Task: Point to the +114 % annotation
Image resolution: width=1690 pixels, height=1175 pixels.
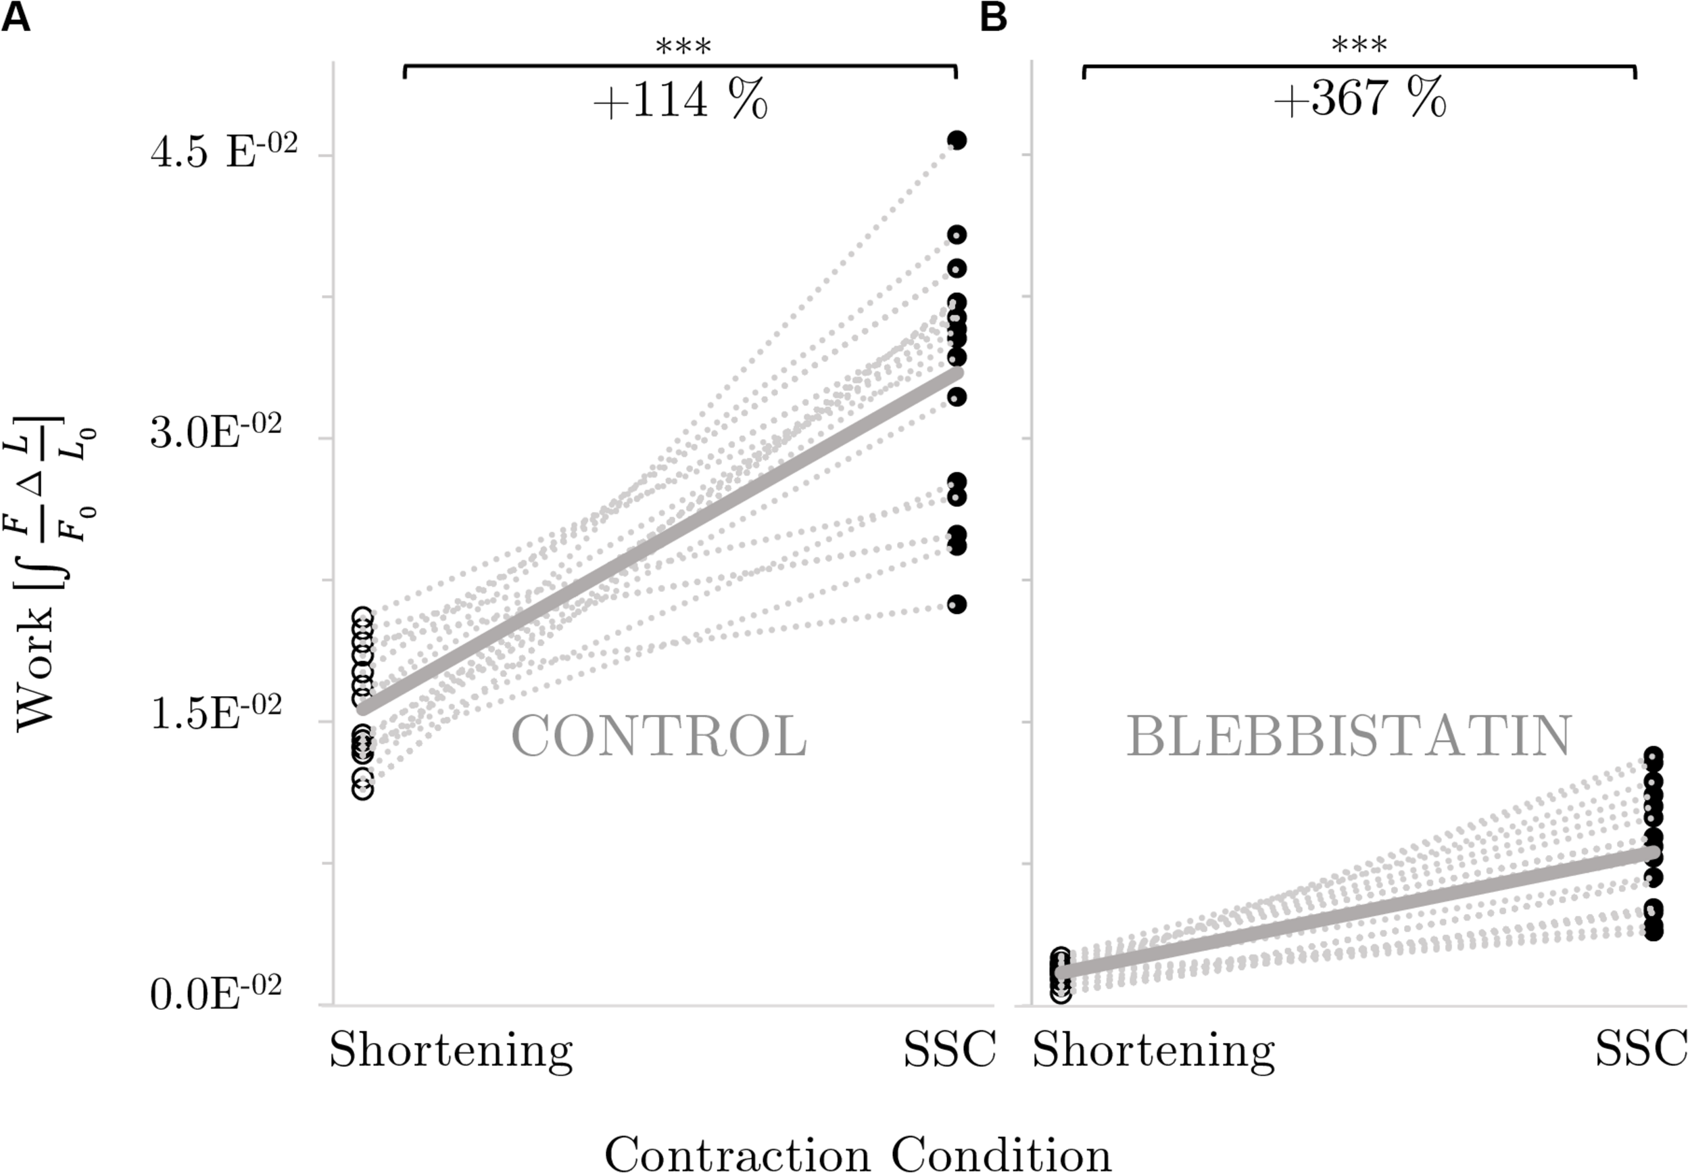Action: click(x=680, y=101)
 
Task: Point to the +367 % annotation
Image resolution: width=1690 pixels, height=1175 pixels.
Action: click(x=1359, y=99)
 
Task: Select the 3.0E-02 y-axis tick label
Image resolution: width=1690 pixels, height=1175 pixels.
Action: click(x=216, y=436)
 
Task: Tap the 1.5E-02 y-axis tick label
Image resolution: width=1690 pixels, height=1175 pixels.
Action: click(x=216, y=714)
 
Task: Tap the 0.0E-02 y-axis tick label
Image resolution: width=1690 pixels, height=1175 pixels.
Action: click(x=216, y=995)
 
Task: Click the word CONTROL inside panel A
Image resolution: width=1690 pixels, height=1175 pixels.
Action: click(x=659, y=737)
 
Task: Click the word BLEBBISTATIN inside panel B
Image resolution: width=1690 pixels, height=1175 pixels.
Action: click(x=1349, y=736)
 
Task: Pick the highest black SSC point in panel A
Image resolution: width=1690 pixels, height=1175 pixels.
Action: click(x=957, y=140)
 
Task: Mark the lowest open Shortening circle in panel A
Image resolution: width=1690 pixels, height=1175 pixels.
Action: click(x=362, y=789)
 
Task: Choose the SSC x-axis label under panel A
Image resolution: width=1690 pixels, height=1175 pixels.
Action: click(x=949, y=1051)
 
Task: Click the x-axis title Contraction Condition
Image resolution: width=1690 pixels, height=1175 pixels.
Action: click(x=858, y=1153)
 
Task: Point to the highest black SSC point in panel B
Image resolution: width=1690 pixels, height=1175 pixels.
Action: click(x=1653, y=756)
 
